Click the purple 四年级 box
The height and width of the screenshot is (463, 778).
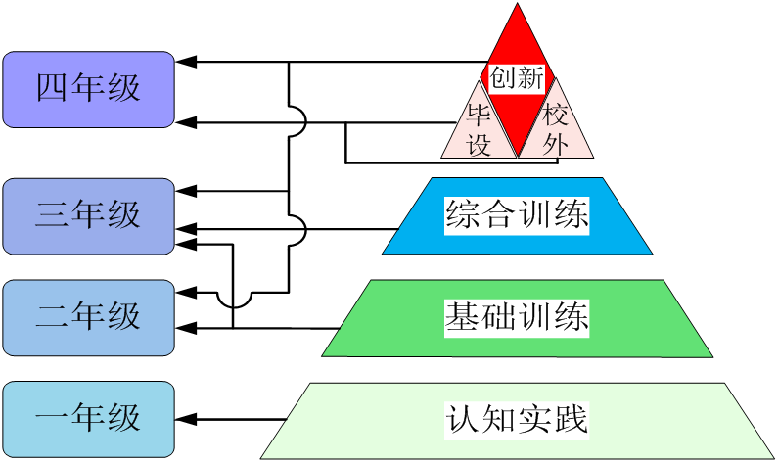[88, 89]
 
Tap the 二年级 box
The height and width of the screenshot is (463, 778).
[88, 317]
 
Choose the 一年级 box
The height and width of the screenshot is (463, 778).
[88, 419]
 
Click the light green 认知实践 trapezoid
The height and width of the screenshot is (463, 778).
[517, 421]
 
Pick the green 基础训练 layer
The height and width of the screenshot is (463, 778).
[517, 318]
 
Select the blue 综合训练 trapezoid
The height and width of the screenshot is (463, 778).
[517, 215]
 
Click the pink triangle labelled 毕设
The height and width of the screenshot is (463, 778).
[479, 131]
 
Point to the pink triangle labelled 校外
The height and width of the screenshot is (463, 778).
[556, 131]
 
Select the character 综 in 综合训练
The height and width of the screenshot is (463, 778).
[460, 215]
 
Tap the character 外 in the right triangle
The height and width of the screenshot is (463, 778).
[556, 144]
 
